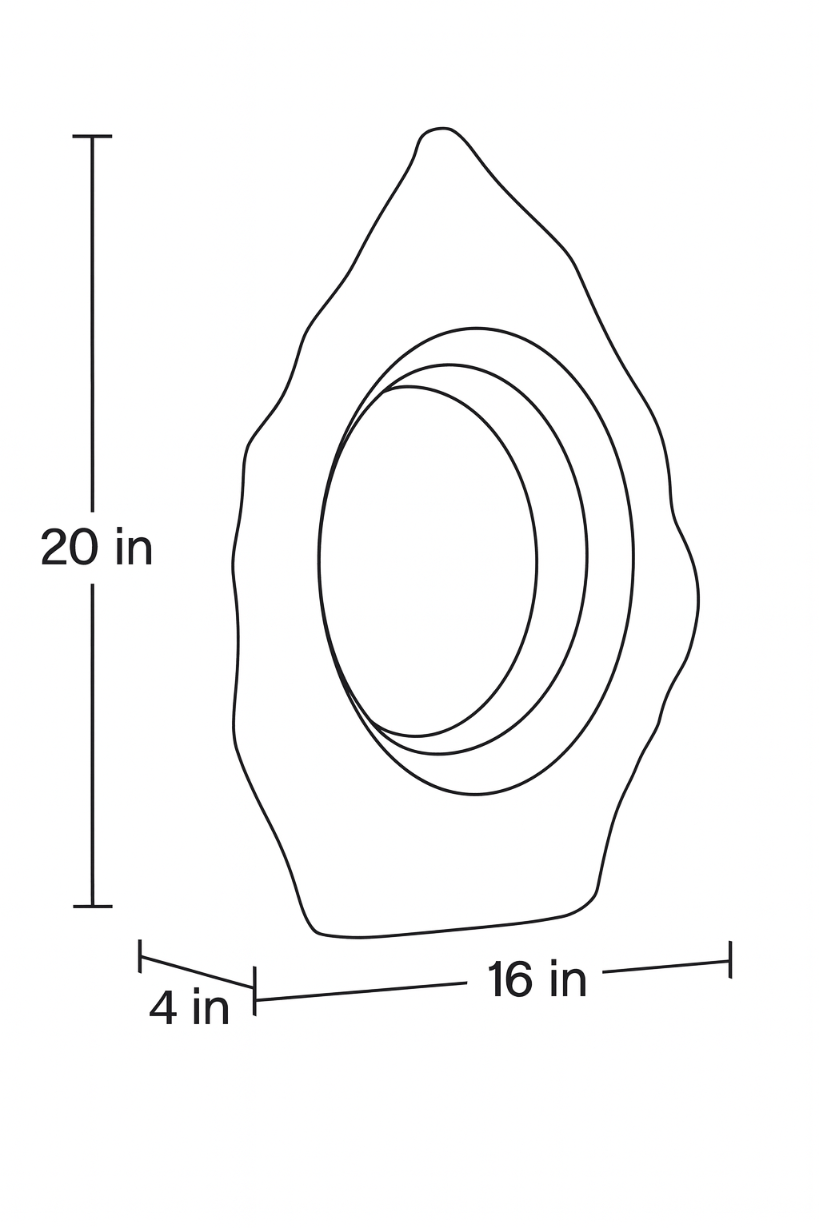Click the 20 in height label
[96, 548]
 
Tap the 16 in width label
[537, 979]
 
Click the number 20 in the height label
[70, 548]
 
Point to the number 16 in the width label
[510, 980]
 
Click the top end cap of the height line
[93, 137]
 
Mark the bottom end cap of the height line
[93, 906]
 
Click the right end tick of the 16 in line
[729, 958]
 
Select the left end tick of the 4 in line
[141, 956]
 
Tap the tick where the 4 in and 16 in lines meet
[254, 991]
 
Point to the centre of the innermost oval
[429, 561]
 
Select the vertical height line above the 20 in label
[93, 320]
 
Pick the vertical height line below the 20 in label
[93, 744]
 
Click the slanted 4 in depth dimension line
[198, 972]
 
